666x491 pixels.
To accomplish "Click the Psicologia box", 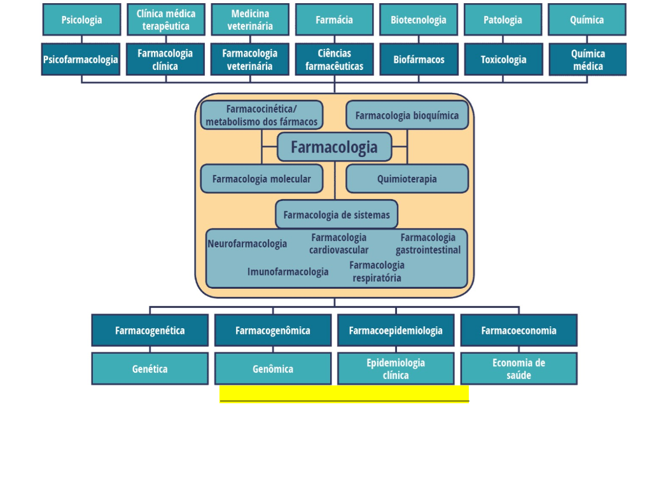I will tap(81, 20).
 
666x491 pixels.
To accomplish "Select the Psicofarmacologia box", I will tap(81, 60).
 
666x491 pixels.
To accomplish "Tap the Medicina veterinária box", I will tap(250, 20).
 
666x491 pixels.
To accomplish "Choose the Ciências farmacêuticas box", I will tap(334, 60).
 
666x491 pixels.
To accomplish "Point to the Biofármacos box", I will tap(419, 60).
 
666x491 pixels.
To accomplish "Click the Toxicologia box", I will tap(503, 60).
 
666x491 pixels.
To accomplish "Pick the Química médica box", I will tap(587, 60).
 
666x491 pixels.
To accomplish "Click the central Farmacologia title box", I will tap(334, 147).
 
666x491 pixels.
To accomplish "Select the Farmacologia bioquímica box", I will tap(407, 115).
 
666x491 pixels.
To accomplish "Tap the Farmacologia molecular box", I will tap(261, 179).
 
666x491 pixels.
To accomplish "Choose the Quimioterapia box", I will tap(407, 179).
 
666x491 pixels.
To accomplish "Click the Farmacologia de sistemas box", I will tap(336, 214).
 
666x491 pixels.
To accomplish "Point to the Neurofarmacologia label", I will tap(247, 244).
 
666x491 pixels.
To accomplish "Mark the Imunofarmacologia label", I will tap(288, 272).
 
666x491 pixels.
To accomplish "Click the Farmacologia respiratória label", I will tap(377, 272).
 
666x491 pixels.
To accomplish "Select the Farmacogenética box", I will tap(149, 330).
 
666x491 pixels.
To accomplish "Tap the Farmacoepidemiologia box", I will tap(396, 330).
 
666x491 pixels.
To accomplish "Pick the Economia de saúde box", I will tap(518, 369).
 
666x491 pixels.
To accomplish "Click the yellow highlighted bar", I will tap(344, 393).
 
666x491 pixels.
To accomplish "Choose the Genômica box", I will tap(273, 369).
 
